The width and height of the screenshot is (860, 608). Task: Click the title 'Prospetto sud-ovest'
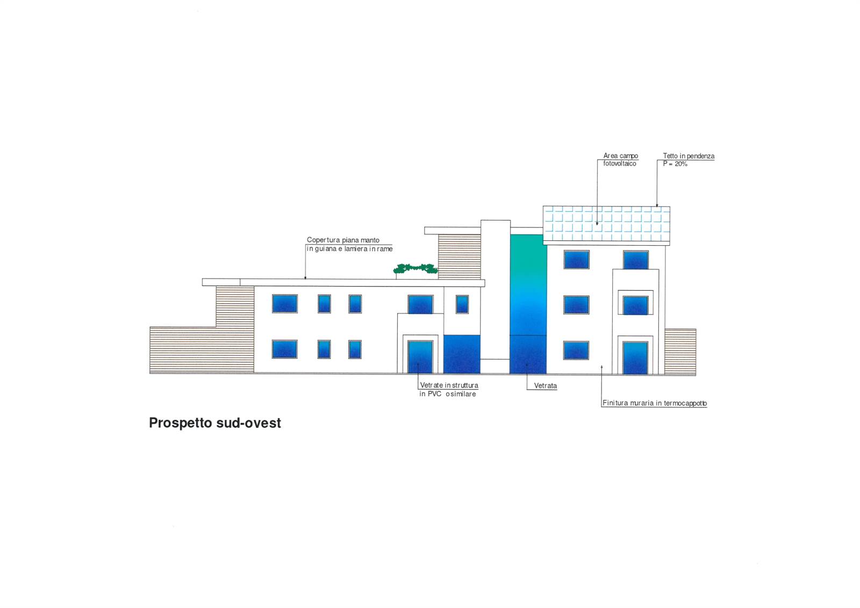[215, 423]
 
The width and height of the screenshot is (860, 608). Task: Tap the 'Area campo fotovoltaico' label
[620, 160]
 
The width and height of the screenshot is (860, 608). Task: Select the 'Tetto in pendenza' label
[689, 156]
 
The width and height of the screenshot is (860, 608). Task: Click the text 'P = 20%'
[675, 164]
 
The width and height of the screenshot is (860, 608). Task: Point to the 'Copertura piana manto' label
[343, 240]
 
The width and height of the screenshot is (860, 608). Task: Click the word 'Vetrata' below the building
[545, 385]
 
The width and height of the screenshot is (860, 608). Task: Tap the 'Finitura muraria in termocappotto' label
[655, 403]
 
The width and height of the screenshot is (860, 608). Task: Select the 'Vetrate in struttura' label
[449, 385]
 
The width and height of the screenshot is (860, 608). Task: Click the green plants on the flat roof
[415, 268]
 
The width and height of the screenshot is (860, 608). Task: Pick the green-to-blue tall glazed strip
[528, 303]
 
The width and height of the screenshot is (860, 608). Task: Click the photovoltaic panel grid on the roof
[606, 224]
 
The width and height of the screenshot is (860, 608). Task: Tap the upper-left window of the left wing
[284, 303]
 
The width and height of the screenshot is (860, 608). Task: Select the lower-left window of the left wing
[284, 349]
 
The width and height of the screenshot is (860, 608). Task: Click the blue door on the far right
[635, 358]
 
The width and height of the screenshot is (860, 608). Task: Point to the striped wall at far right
[680, 352]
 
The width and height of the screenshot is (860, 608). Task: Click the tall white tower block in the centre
[495, 290]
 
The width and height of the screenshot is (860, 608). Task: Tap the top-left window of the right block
[576, 260]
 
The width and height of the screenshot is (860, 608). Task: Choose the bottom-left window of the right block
[576, 351]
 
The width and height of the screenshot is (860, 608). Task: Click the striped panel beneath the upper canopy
[459, 256]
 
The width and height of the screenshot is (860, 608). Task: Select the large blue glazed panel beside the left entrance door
[462, 354]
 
